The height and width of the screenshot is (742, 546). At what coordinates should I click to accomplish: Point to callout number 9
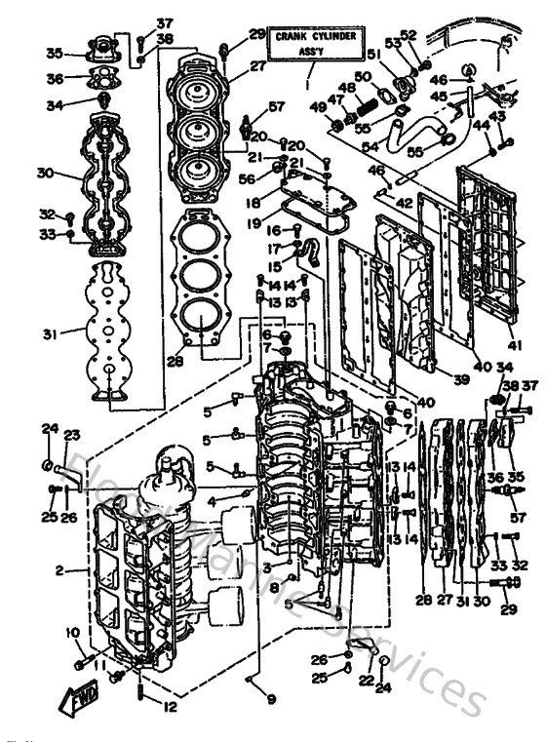coord(271,698)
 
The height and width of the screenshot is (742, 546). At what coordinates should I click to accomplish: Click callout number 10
coord(71,635)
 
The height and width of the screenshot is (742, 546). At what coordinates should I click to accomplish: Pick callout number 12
coord(170,706)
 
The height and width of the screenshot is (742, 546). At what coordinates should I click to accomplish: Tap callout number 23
coord(72,436)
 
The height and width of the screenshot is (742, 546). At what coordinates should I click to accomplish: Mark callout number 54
coord(370,145)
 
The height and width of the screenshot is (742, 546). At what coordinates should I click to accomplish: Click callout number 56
coord(248,178)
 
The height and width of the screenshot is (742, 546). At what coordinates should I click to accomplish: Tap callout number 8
coord(275,588)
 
